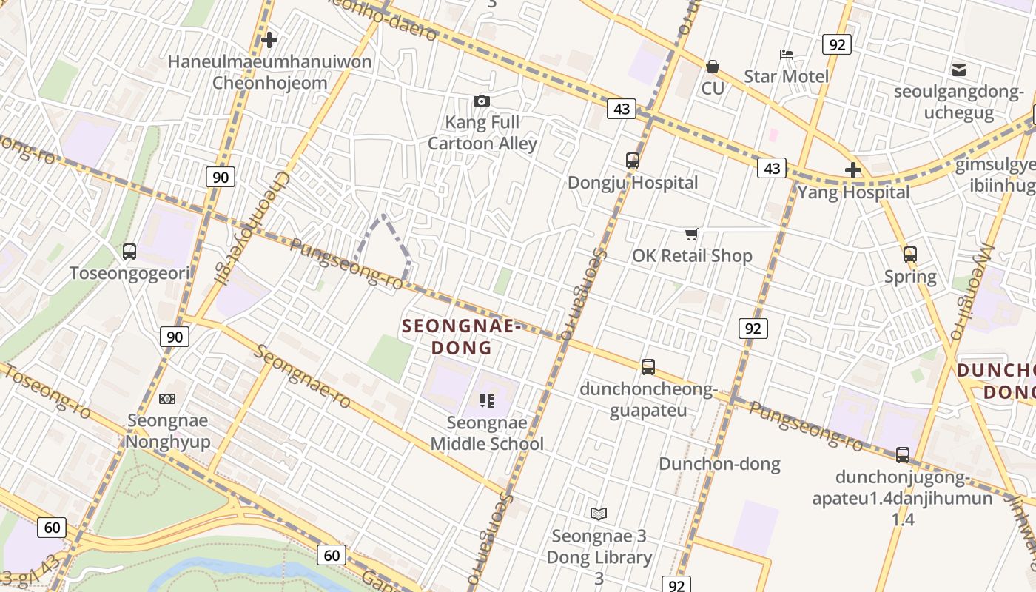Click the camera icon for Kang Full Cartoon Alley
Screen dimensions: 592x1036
482,101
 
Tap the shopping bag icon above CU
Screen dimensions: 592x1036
713,67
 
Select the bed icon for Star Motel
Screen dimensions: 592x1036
786,55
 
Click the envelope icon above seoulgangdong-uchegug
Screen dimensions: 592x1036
959,70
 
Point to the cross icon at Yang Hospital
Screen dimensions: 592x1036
853,171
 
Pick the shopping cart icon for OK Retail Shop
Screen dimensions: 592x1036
691,235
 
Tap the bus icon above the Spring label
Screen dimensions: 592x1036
910,255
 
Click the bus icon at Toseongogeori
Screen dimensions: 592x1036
129,252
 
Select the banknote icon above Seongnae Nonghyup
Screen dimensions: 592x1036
167,399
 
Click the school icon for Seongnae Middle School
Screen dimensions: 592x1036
486,401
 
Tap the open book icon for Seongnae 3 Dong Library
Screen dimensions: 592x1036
599,514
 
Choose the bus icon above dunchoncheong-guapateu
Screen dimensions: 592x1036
648,367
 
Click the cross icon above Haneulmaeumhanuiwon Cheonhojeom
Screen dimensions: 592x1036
269,40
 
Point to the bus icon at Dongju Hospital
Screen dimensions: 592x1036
633,161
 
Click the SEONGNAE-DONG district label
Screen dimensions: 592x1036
462,337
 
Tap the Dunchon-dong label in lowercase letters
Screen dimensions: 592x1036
719,464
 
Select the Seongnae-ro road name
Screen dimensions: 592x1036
303,376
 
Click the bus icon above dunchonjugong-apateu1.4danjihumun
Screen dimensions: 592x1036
903,455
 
